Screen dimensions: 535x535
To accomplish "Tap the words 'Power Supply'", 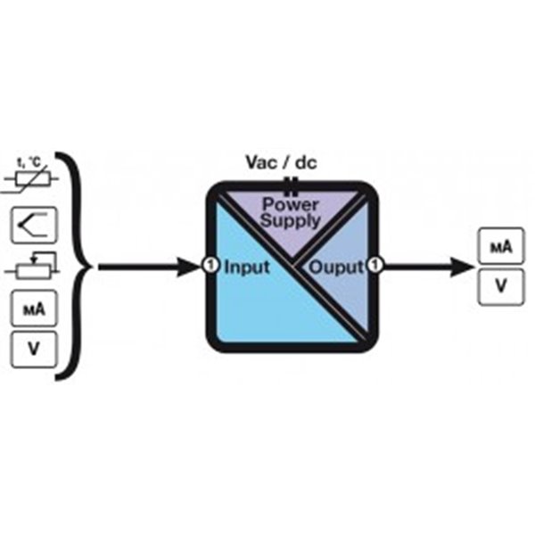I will coord(289,212).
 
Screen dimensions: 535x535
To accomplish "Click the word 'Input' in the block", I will coord(246,267).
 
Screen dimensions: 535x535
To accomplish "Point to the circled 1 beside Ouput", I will coord(375,266).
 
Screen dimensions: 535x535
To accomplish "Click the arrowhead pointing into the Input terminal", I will coord(191,266).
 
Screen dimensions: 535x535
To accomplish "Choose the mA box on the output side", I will coord(500,247).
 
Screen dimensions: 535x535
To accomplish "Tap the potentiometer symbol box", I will coord(34,267).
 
